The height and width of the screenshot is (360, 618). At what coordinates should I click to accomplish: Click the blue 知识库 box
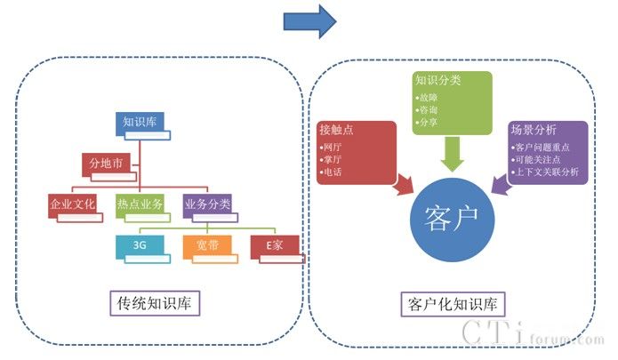139,123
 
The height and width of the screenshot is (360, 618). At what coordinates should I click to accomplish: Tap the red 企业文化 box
72,204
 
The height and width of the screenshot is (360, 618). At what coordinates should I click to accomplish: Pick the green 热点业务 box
140,204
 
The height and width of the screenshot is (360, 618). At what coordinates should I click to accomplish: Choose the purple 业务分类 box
207,204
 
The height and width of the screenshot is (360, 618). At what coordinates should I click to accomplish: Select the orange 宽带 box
207,245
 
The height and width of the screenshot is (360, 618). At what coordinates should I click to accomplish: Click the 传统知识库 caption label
154,303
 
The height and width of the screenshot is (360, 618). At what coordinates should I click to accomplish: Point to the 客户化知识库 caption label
453,303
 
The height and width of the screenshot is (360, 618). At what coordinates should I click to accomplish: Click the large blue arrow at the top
309,20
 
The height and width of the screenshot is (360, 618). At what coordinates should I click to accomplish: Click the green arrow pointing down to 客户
453,153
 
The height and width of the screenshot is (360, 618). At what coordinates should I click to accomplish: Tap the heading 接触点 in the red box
336,129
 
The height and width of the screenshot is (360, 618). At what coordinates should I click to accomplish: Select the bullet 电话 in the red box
335,171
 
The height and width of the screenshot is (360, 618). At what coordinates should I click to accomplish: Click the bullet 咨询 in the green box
429,108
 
